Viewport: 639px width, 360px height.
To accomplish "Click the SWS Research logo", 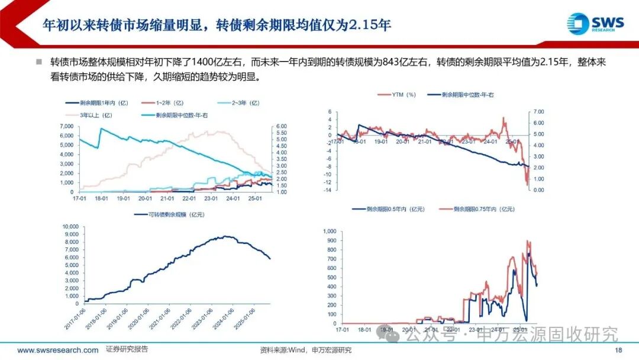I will click(595, 24).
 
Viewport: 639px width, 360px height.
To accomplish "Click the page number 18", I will click(618, 351).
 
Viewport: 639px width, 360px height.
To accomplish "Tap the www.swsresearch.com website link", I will click(58, 351).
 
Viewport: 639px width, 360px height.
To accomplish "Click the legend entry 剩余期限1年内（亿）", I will click(95, 103).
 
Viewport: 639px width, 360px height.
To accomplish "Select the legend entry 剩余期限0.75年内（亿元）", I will click(476, 209).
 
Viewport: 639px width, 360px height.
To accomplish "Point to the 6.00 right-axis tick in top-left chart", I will click(282, 126).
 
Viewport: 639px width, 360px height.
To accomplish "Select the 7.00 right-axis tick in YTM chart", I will click(538, 111).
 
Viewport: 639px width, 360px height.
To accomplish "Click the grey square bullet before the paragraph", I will click(39, 62).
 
